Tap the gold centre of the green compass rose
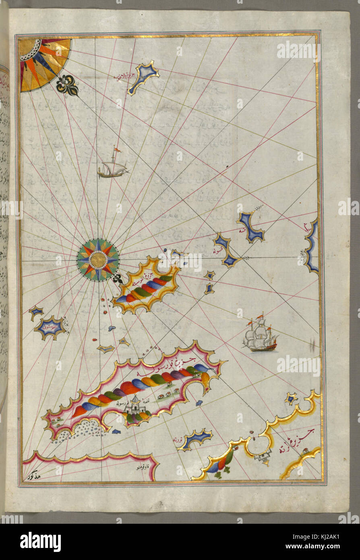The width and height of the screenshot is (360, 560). (x=98, y=260)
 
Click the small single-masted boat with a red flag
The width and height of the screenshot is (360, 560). (x=112, y=168)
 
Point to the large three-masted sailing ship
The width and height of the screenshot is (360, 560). (x=260, y=335)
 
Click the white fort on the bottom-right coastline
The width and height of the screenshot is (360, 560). (x=262, y=457)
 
